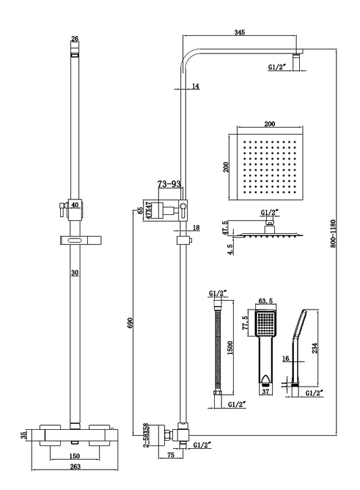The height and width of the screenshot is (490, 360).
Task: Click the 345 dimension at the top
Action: tap(240, 32)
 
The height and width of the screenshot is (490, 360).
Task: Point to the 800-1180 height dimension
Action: tap(332, 234)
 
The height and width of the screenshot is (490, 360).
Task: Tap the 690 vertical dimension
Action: tap(130, 323)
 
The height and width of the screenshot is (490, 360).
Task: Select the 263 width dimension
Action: tap(75, 466)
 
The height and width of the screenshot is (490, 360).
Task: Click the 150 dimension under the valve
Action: tap(75, 456)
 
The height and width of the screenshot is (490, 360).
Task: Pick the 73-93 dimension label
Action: tap(169, 184)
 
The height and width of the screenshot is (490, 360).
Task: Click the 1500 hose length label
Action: tap(230, 348)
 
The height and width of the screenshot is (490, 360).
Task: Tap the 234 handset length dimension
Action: tap(315, 348)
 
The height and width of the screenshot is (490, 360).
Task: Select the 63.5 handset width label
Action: tap(265, 301)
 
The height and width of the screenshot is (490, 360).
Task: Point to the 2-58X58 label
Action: tap(145, 435)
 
